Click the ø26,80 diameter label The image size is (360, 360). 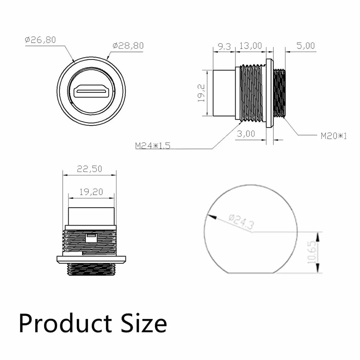[40, 40]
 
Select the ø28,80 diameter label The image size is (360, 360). [128, 46]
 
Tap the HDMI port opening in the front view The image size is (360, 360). [91, 92]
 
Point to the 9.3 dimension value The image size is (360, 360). [224, 46]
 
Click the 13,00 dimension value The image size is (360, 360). [251, 46]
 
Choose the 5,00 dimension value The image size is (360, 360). [305, 46]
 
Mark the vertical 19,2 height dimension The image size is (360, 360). [201, 93]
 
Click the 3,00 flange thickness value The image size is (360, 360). [246, 134]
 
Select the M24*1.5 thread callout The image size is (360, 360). [153, 146]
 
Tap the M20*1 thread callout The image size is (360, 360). [334, 136]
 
